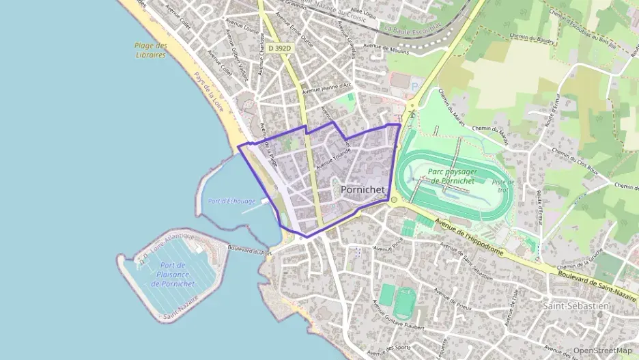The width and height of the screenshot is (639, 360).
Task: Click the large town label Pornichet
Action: coord(363,189)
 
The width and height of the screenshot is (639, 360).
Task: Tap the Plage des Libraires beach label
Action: coord(150,50)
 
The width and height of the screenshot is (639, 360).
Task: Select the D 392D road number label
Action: coord(279,49)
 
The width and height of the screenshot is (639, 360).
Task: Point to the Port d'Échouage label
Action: coord(231,202)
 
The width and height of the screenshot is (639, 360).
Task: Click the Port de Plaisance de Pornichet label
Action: coord(174,274)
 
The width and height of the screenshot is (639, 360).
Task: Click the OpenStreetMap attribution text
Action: coord(603,350)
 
